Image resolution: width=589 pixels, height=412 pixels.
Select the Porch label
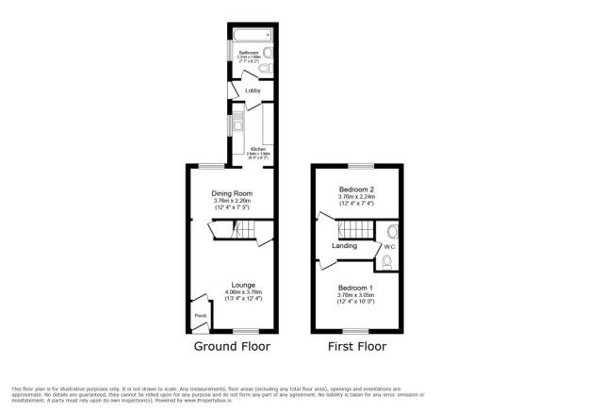[200, 315]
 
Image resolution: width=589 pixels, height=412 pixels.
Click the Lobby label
[252, 91]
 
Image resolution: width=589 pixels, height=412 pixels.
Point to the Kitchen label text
[258, 149]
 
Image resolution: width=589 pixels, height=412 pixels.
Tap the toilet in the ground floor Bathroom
[264, 70]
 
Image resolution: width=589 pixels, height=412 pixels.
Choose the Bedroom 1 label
[356, 287]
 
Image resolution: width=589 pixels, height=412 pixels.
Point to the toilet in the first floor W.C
[386, 262]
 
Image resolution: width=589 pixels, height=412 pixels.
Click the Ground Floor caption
[232, 347]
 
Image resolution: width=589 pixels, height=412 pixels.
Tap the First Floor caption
[356, 347]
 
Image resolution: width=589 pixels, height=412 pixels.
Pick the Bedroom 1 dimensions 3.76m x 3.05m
[356, 294]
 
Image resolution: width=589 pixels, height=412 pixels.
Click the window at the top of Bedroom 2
[355, 167]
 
